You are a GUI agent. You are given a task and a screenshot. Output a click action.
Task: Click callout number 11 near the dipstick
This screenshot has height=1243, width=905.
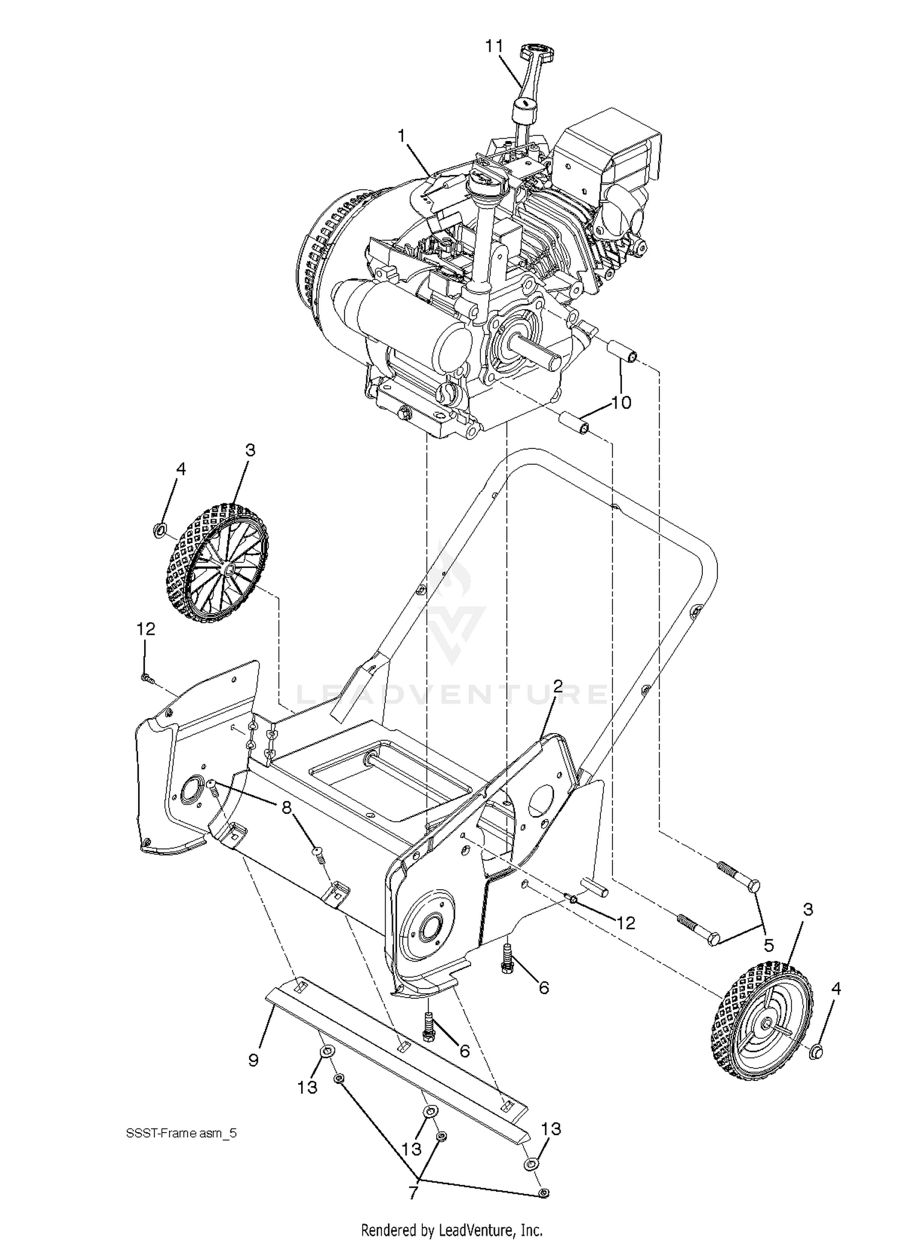(x=494, y=46)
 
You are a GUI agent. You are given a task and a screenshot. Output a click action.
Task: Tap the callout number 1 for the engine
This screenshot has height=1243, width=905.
(x=401, y=137)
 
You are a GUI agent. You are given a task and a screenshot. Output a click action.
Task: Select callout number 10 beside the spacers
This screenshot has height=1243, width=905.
(x=621, y=403)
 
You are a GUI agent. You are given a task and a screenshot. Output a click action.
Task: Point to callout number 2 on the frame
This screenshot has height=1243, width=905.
(x=557, y=685)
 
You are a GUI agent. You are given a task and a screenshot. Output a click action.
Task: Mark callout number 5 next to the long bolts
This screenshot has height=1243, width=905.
(x=769, y=945)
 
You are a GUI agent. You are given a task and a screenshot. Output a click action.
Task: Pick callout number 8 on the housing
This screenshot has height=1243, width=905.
(x=287, y=806)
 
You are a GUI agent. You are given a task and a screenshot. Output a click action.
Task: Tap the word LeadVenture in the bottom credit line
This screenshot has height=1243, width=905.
(x=480, y=1229)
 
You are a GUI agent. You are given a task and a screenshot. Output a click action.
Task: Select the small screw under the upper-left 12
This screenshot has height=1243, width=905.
(x=145, y=678)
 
